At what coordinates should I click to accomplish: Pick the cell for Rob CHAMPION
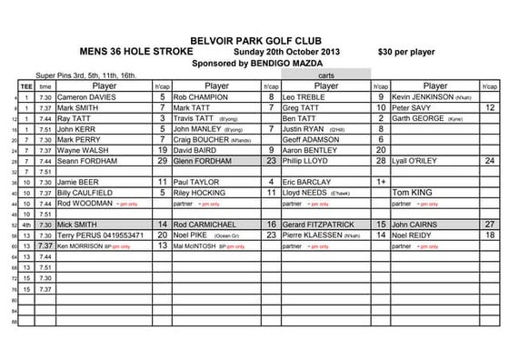(x=202, y=95)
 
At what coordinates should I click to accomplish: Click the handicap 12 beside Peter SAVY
(x=489, y=107)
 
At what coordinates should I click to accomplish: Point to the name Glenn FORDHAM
(x=205, y=159)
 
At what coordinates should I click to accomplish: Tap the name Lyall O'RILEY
(x=419, y=159)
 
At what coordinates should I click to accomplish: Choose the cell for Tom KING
(x=411, y=192)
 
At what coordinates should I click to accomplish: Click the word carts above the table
(x=325, y=75)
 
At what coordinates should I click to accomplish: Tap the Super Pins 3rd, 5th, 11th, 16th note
(x=85, y=75)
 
